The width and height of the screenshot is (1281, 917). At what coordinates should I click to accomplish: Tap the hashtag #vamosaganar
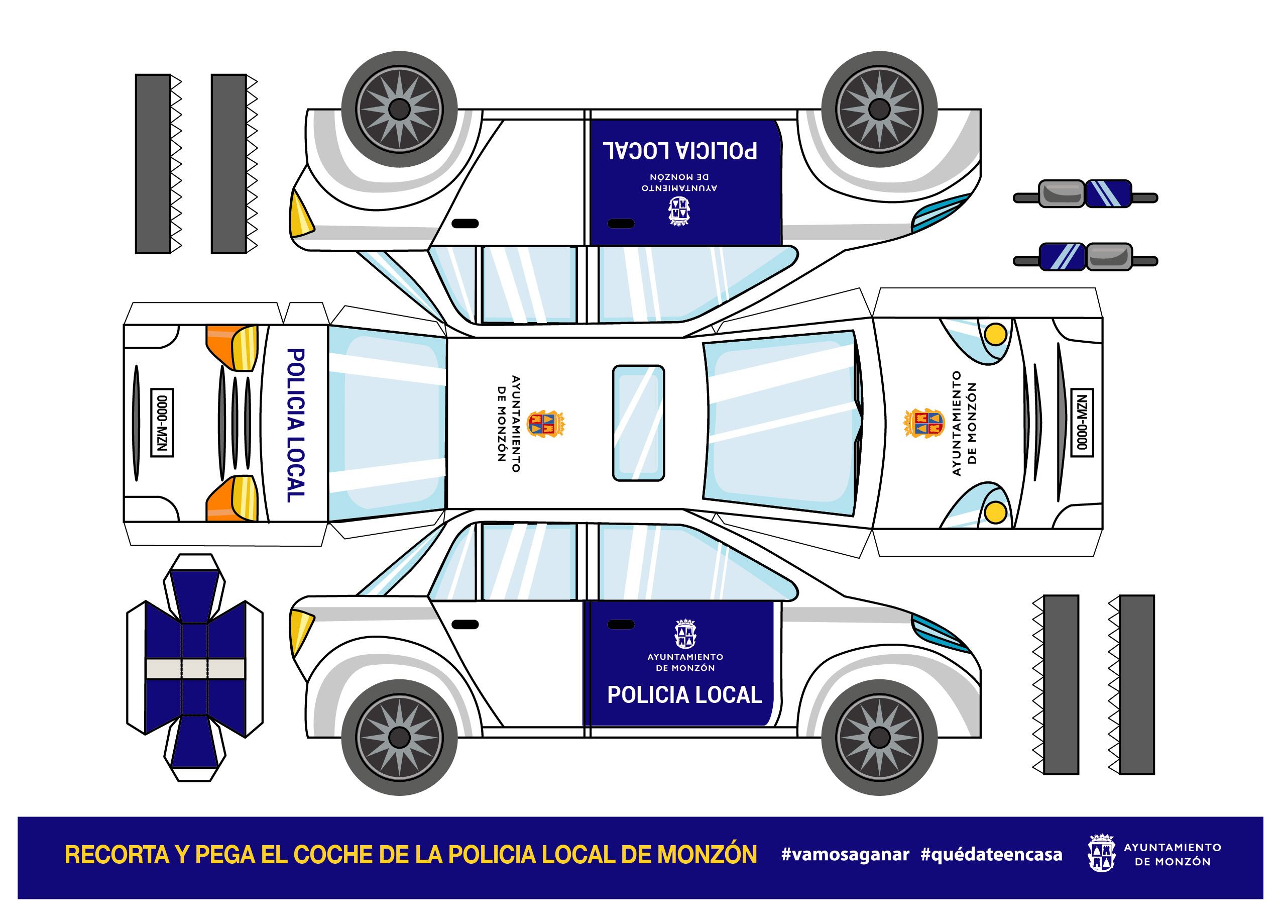845,855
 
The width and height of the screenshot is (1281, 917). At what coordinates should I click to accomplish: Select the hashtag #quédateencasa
991,855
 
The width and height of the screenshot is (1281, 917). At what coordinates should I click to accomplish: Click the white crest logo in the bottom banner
1101,853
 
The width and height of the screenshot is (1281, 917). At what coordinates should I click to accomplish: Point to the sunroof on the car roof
638,423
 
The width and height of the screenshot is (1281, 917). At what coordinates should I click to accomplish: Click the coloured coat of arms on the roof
546,424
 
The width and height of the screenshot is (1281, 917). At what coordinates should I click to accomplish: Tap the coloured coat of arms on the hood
924,423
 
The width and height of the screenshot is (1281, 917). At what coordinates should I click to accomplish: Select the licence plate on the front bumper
1082,423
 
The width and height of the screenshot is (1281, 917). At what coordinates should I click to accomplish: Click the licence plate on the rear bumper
163,423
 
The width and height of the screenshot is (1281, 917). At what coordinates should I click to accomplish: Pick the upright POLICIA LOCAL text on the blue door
684,695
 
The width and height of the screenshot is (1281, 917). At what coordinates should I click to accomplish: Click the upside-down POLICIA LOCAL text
680,151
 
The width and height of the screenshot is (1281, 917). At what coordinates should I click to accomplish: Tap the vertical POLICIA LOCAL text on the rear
296,425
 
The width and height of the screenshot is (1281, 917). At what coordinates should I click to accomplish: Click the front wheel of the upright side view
879,737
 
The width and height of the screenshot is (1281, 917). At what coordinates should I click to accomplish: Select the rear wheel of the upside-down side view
399,110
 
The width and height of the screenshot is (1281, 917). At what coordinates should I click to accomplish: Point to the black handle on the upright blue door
621,625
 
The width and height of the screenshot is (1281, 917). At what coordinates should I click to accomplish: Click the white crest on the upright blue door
685,634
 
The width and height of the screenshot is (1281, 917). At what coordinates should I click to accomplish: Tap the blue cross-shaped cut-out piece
195,667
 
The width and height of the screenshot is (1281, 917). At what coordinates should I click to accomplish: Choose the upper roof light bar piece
1085,193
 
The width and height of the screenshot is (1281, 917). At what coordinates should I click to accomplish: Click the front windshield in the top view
780,423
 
